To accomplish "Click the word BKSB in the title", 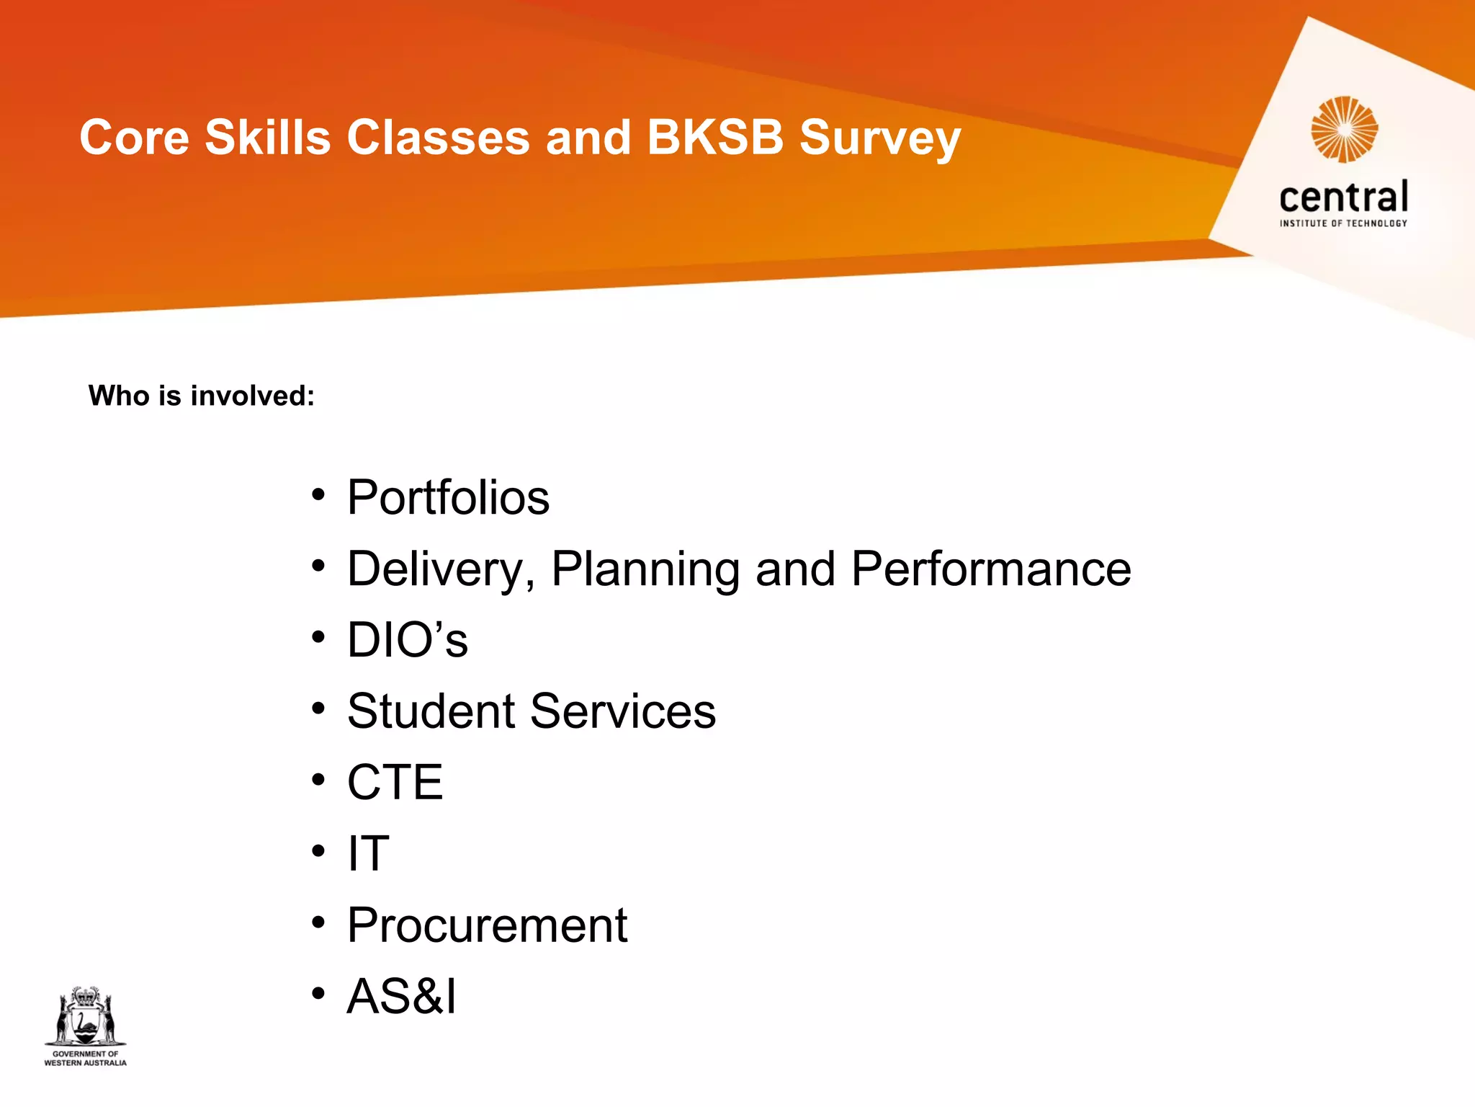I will click(714, 137).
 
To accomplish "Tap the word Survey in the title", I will click(880, 138).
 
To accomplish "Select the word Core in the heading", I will click(134, 137).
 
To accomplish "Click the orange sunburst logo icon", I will click(1344, 130).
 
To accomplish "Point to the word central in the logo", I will click(1344, 197).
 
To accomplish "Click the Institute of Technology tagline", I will click(1344, 223).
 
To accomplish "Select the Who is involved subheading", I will click(202, 396).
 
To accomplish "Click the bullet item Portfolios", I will click(448, 497).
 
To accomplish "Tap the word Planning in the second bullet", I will click(645, 569).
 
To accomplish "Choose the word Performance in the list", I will click(991, 569).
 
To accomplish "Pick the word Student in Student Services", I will click(431, 711).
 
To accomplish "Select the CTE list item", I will click(395, 782).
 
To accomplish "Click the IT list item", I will click(368, 853).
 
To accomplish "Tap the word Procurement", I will click(487, 925).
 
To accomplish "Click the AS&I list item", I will click(401, 996).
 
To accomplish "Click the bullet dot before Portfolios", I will click(318, 496).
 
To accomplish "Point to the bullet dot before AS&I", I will click(318, 995).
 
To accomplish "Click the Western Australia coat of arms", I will click(86, 1016).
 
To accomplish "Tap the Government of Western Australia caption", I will click(86, 1058).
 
